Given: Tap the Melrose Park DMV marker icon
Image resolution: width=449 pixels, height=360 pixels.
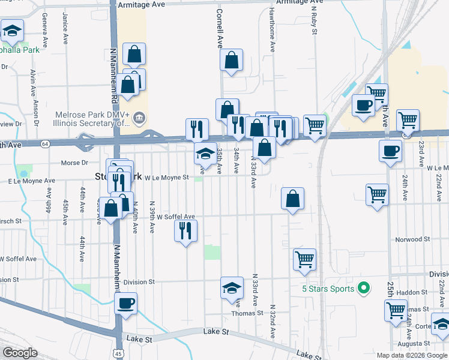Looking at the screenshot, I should pyautogui.click(x=139, y=116).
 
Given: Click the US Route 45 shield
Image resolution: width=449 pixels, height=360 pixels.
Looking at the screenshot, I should pyautogui.click(x=119, y=353).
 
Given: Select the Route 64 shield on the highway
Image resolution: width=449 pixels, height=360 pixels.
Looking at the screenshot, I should pyautogui.click(x=45, y=144).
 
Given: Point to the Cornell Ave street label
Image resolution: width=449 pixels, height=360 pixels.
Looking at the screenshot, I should pyautogui.click(x=220, y=28).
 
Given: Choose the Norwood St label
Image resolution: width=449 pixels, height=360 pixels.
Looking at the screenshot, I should pyautogui.click(x=413, y=239).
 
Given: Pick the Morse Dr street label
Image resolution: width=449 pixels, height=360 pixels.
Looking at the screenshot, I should pyautogui.click(x=75, y=163).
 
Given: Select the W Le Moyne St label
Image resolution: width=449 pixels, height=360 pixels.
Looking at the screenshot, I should pyautogui.click(x=167, y=178).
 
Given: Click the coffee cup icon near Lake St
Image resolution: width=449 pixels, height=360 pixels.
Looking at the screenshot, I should pyautogui.click(x=125, y=303).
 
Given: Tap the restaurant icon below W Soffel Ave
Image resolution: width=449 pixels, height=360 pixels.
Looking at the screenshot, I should pyautogui.click(x=185, y=230).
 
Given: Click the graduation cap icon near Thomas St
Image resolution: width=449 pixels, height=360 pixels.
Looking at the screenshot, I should pyautogui.click(x=232, y=287).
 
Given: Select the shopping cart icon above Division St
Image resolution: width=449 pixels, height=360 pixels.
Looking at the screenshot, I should pyautogui.click(x=304, y=259).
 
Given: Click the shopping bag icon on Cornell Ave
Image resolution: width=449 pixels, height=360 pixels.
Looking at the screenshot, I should pyautogui.click(x=231, y=60).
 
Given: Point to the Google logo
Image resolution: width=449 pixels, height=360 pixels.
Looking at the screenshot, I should pyautogui.click(x=20, y=353).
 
